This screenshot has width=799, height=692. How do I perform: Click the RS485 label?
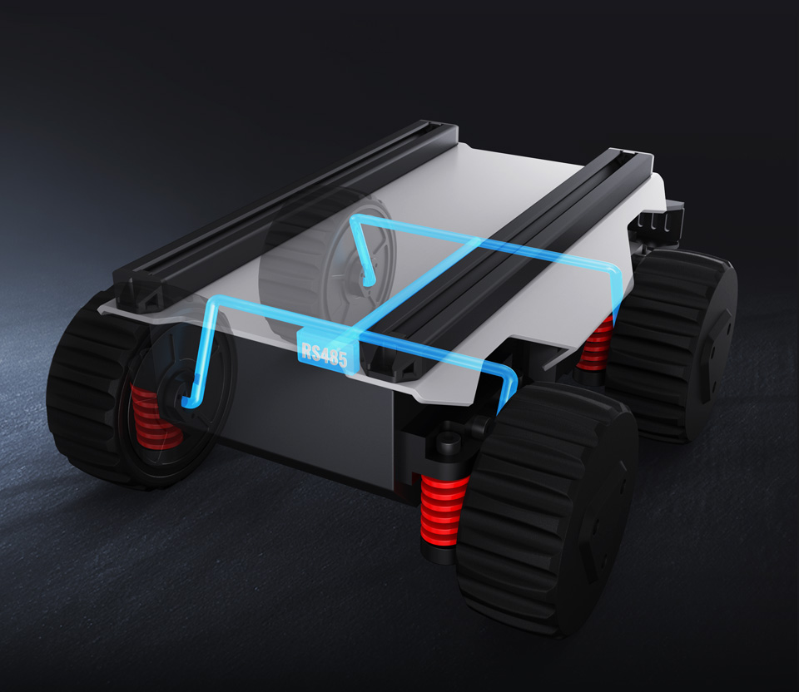324,352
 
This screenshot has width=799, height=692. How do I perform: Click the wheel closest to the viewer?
548,509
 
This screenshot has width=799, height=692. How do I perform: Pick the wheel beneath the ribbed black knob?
672,346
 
